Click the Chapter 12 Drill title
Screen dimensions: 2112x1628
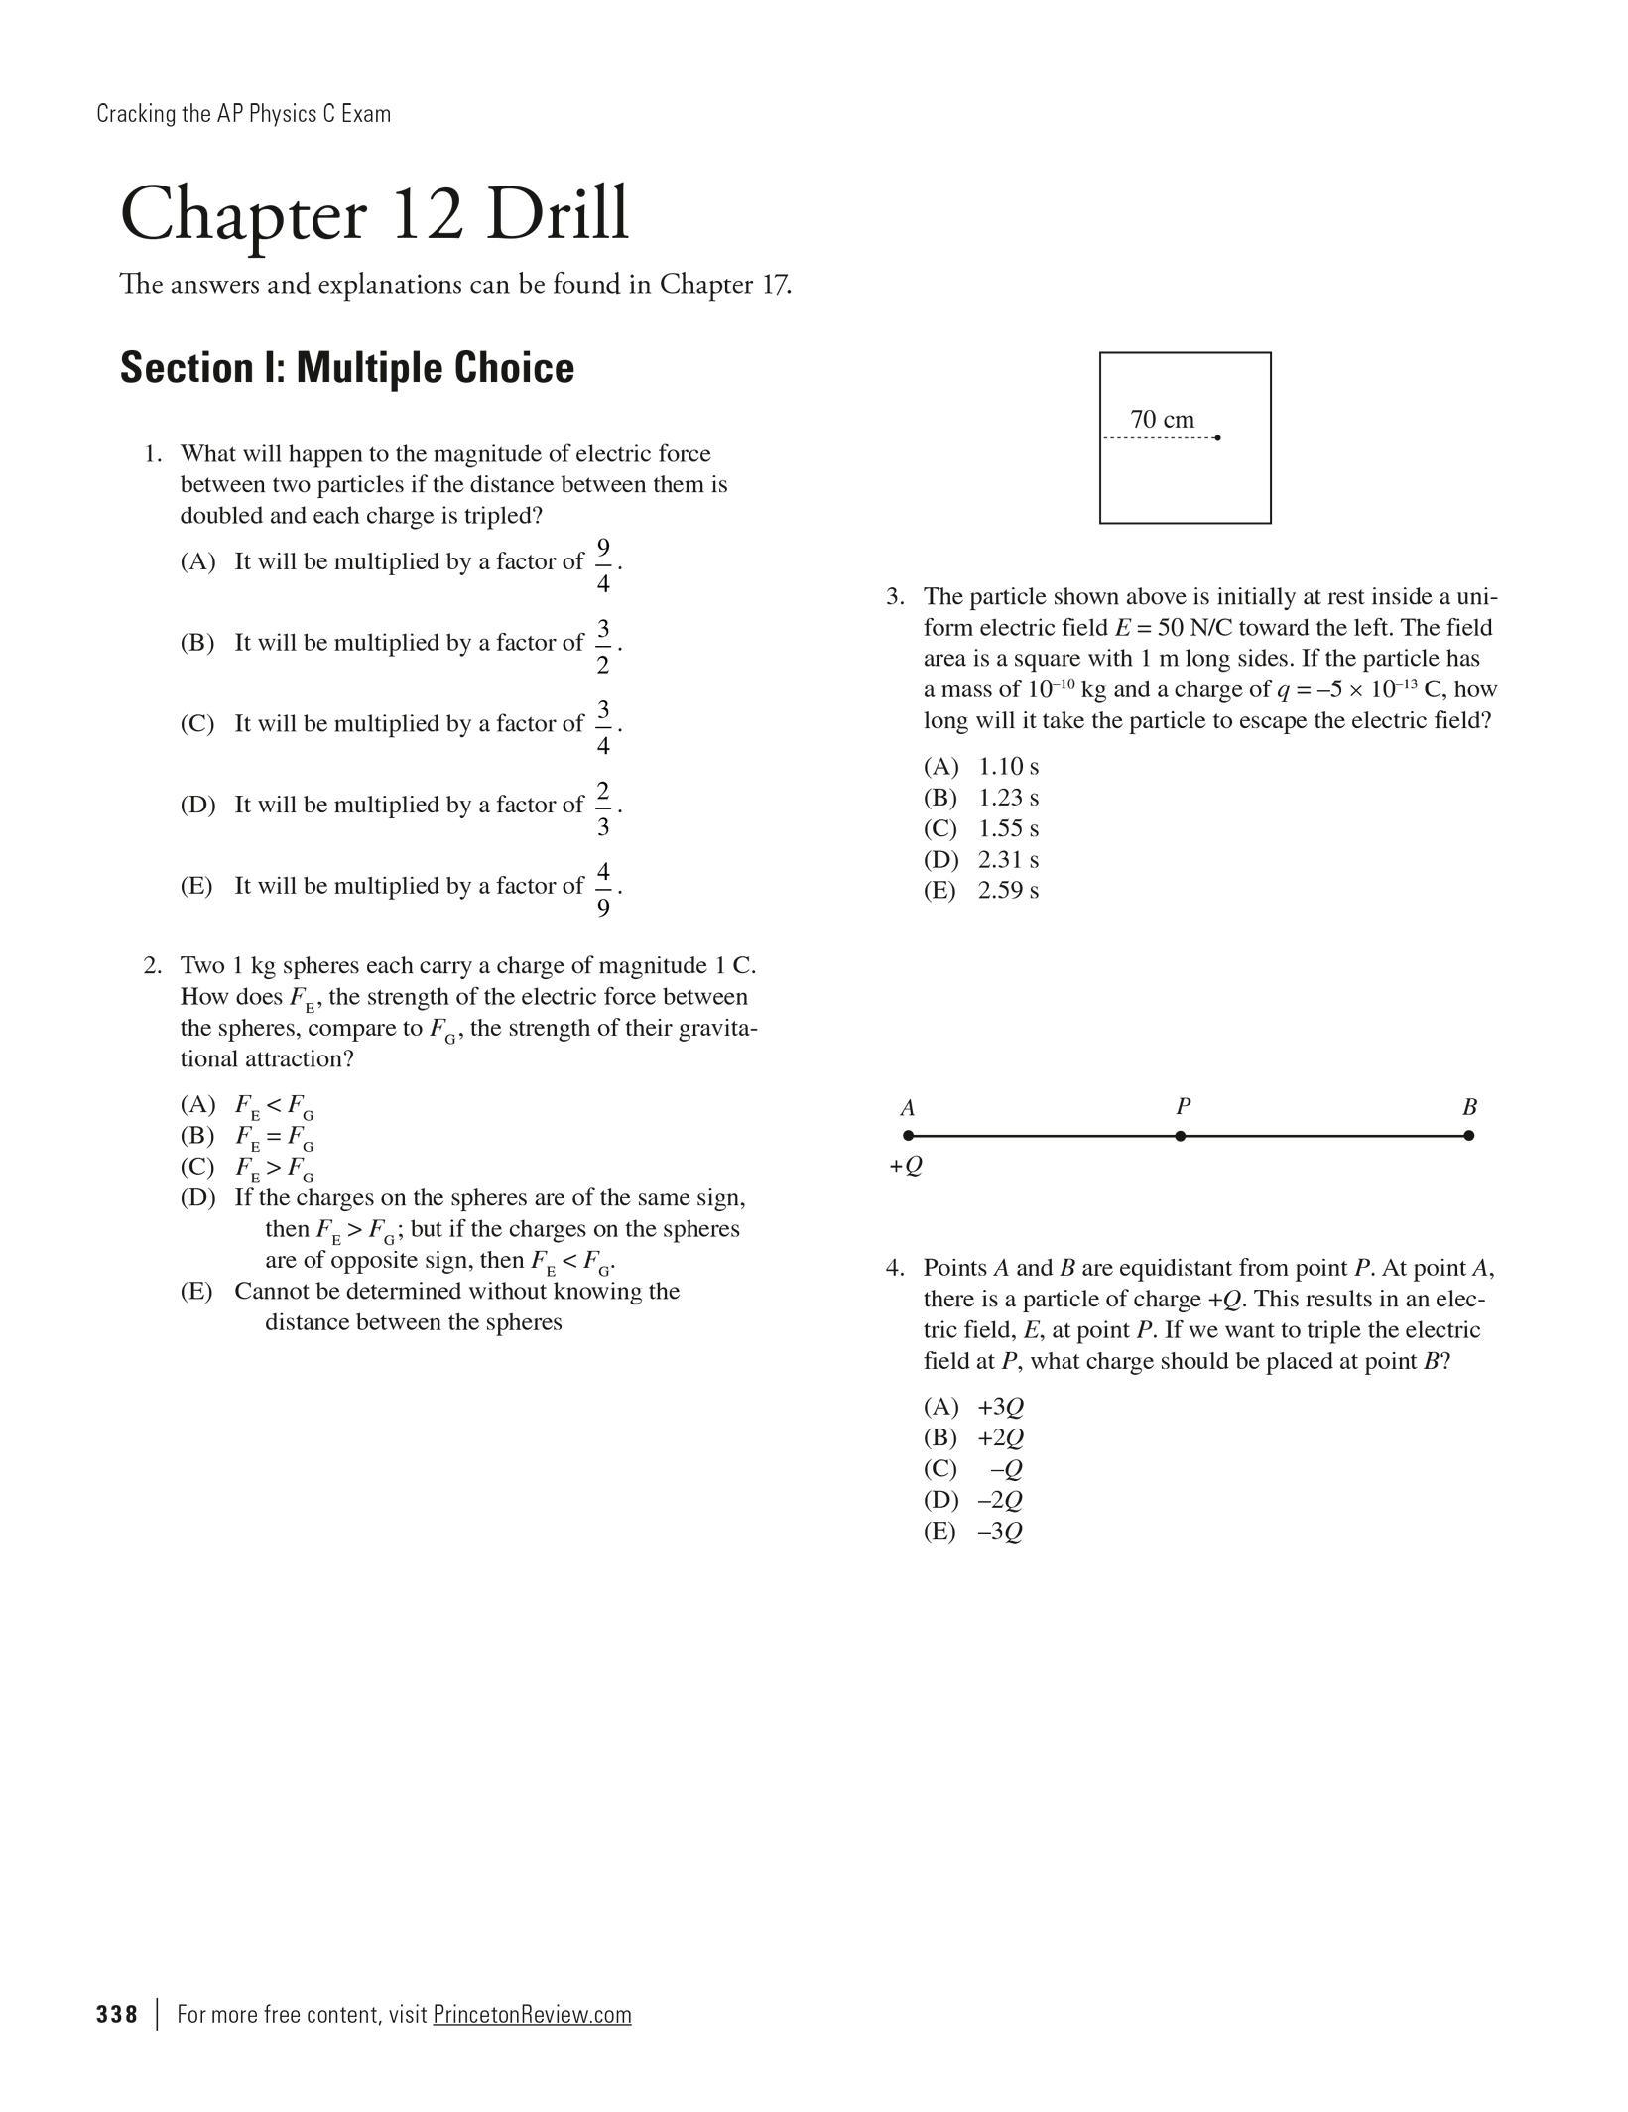pyautogui.click(x=374, y=215)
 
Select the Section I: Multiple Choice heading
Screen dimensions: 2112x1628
pyautogui.click(x=347, y=368)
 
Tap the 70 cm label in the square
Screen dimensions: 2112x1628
pyautogui.click(x=1162, y=420)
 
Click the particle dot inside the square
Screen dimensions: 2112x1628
pyautogui.click(x=1217, y=437)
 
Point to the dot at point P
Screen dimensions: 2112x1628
pyautogui.click(x=1180, y=1136)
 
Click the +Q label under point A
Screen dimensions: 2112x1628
pyautogui.click(x=906, y=1166)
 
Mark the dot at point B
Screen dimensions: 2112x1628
pyautogui.click(x=1469, y=1136)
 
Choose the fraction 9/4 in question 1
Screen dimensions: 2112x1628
pyautogui.click(x=603, y=564)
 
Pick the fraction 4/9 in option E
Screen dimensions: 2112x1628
pyautogui.click(x=603, y=889)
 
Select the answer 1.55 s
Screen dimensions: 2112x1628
pyautogui.click(x=1008, y=828)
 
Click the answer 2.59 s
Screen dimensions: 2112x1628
pyautogui.click(x=1008, y=891)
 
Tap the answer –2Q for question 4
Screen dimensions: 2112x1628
pyautogui.click(x=1000, y=1500)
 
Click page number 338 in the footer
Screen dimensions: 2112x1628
pyautogui.click(x=117, y=2015)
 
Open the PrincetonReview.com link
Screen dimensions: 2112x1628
pyautogui.click(x=532, y=2015)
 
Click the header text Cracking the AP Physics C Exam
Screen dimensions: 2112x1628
pyautogui.click(x=244, y=114)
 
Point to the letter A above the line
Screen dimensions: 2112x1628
pyautogui.click(x=907, y=1108)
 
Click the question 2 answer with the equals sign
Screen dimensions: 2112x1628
pyautogui.click(x=274, y=1137)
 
